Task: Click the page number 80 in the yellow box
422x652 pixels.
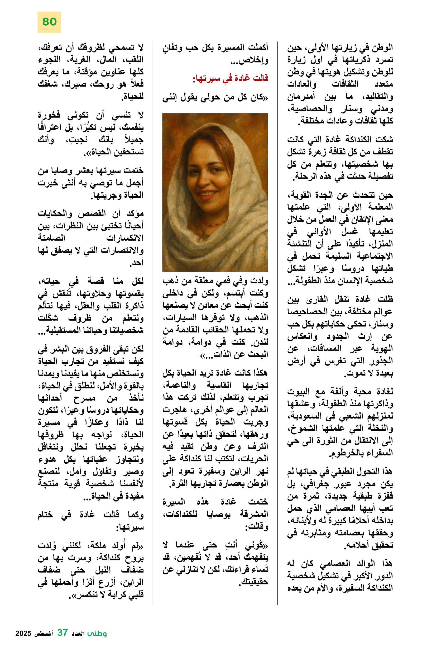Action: (49, 22)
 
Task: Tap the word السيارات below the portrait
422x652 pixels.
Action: (180, 317)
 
